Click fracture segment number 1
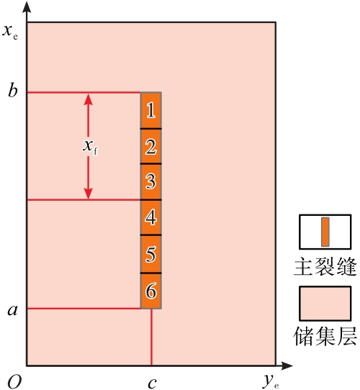click(x=151, y=110)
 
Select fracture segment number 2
click(x=151, y=146)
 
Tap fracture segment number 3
click(x=151, y=182)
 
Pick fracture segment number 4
click(x=151, y=217)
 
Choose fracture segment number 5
click(x=151, y=254)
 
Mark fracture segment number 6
click(x=151, y=291)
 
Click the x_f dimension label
click(x=91, y=148)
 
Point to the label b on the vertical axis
click(x=13, y=90)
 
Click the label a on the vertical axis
click(x=13, y=310)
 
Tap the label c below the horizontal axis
click(x=152, y=384)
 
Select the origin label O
click(x=14, y=382)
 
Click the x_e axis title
click(x=10, y=32)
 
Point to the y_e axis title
click(x=271, y=382)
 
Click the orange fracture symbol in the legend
click(x=325, y=232)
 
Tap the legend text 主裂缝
click(x=325, y=267)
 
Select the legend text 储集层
click(x=325, y=336)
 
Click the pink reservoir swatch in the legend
click(x=325, y=303)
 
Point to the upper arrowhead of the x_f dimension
click(x=88, y=99)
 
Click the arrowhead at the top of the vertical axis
click(x=27, y=7)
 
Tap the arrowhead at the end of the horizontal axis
click(x=287, y=366)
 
